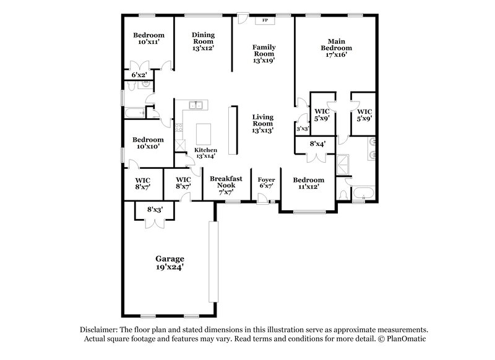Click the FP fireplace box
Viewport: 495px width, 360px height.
[x=265, y=20]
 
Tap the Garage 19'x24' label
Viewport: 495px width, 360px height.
[x=170, y=262]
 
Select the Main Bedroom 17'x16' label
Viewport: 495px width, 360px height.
[x=336, y=48]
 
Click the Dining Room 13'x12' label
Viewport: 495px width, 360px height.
[x=203, y=41]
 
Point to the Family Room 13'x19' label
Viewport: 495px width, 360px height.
[x=264, y=54]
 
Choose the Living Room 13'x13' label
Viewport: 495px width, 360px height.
[x=263, y=123]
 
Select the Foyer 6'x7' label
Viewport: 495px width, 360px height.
[x=266, y=183]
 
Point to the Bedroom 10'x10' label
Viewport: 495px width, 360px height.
[x=148, y=144]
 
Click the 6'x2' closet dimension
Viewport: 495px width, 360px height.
[x=139, y=75]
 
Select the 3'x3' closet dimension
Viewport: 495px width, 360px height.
[x=302, y=129]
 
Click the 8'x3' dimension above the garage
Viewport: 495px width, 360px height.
[x=154, y=209]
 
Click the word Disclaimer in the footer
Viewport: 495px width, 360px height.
[x=100, y=330]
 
